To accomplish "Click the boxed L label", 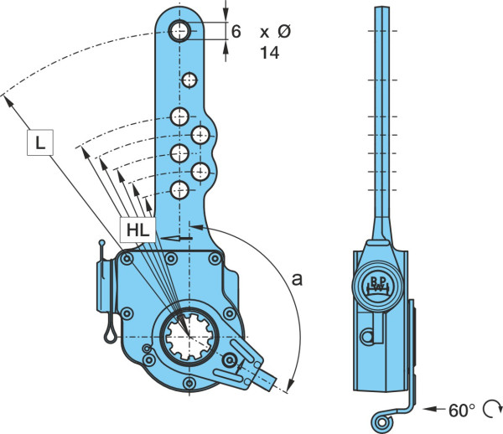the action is click(40, 142).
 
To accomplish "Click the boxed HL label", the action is click(138, 230).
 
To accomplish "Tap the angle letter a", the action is click(297, 280).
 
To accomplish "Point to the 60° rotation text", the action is click(462, 411).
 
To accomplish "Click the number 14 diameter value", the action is click(269, 53).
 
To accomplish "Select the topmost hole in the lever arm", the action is click(179, 31).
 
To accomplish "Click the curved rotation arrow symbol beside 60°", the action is click(493, 409).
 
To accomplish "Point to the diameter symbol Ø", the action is click(284, 32).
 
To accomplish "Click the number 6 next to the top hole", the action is click(236, 32).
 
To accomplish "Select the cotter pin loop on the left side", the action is click(110, 335).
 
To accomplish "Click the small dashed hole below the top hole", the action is click(189, 80).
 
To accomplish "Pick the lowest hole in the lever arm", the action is click(179, 190).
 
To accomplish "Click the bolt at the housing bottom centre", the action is click(189, 383).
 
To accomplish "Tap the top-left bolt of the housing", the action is click(127, 258).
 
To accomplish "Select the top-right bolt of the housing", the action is click(215, 258).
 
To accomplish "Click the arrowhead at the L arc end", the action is click(8, 101).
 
